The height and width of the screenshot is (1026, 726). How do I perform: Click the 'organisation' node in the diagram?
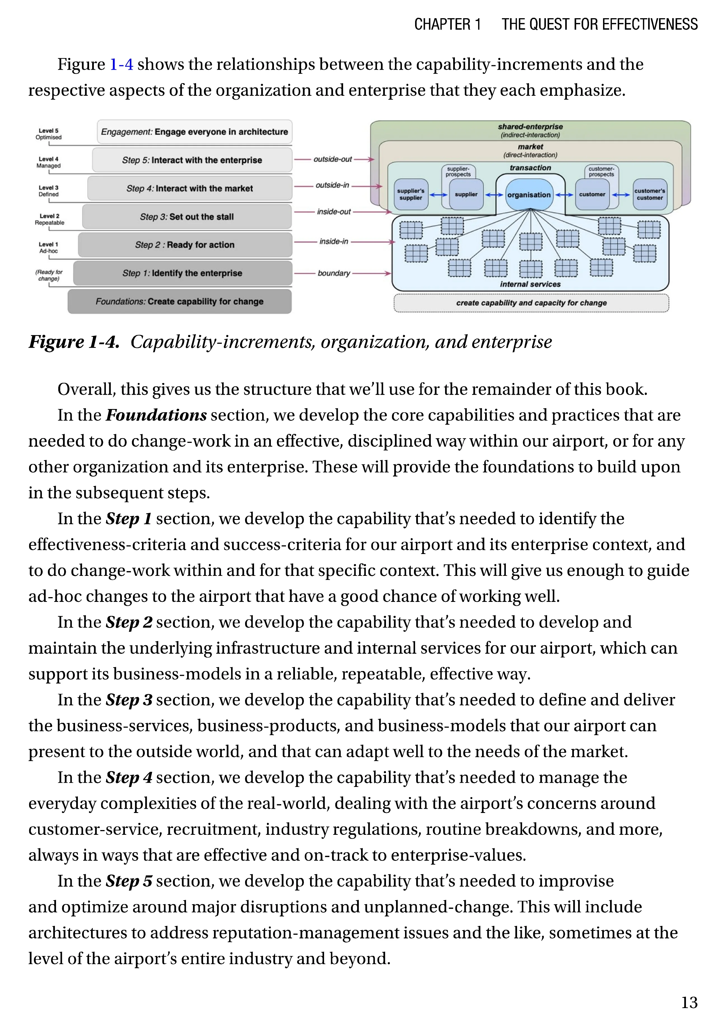tap(529, 195)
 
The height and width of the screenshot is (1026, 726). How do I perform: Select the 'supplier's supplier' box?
tap(410, 194)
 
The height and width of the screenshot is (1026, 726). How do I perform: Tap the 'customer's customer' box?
tap(650, 194)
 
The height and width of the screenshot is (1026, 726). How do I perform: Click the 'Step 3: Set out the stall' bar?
tap(187, 217)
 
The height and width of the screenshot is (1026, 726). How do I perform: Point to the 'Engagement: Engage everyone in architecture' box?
tap(194, 132)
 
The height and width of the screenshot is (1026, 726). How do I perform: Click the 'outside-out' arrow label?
tap(332, 159)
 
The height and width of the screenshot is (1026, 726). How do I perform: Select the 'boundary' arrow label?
tap(334, 273)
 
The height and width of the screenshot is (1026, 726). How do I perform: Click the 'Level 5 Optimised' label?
tap(49, 134)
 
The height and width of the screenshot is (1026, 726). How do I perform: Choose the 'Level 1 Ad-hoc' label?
tap(49, 247)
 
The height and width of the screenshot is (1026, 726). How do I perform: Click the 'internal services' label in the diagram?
tap(530, 284)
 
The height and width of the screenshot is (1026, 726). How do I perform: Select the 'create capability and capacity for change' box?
tap(531, 303)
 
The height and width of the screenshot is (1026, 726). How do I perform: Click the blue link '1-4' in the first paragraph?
tap(121, 64)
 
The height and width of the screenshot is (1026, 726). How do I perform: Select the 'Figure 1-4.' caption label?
tap(74, 342)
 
